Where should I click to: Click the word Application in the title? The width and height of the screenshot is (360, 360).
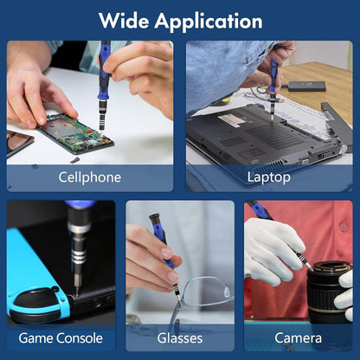[x=209, y=22]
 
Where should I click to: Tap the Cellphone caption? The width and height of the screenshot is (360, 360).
[x=89, y=177]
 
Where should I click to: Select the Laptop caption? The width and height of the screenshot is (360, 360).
[x=268, y=177]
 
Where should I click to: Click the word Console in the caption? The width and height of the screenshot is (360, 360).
[x=80, y=338]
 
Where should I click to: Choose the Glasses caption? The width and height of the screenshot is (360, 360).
[x=180, y=338]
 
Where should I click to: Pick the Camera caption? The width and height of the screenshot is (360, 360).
[x=298, y=338]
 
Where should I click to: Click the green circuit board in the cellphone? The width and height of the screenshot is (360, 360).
[x=75, y=132]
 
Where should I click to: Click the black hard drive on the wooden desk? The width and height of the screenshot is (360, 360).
[x=307, y=87]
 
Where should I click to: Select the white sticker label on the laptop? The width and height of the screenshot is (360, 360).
[x=231, y=119]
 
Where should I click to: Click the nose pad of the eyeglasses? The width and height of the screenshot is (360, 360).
[x=227, y=292]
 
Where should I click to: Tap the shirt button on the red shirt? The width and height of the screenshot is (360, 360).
[x=344, y=227]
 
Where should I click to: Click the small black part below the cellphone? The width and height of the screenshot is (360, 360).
[x=75, y=160]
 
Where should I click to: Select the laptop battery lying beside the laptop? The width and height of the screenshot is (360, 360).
[x=337, y=124]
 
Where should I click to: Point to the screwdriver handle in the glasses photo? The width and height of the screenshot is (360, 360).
[x=162, y=240]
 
